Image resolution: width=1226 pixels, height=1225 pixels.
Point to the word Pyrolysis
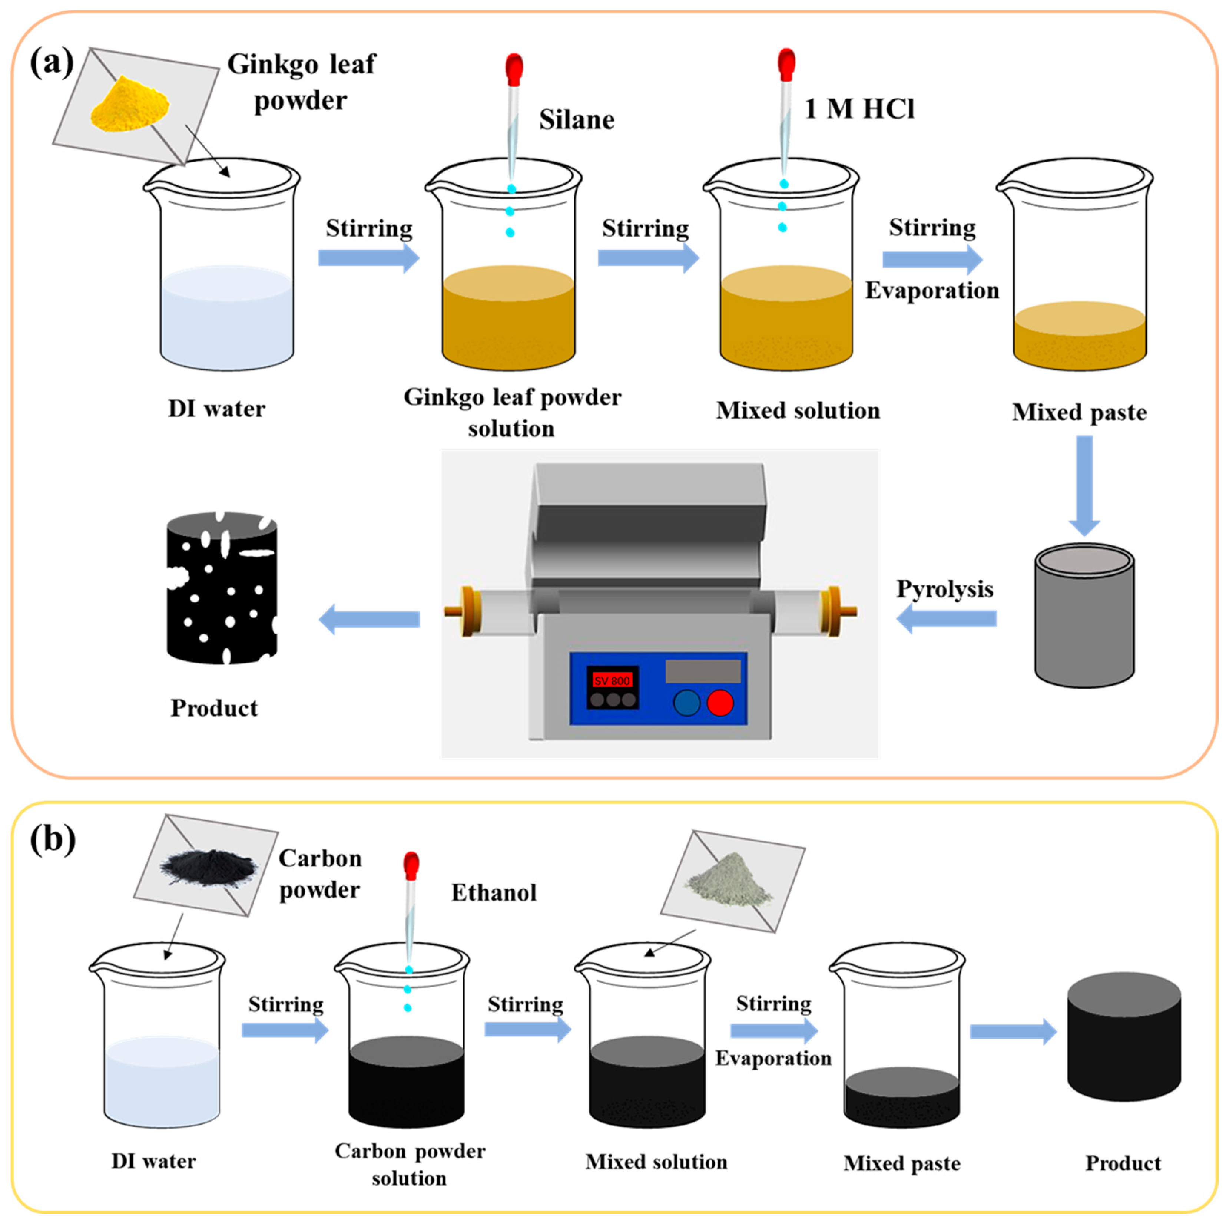(944, 589)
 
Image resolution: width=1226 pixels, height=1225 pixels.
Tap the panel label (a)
(52, 63)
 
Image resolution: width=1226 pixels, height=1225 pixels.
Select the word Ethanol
(494, 892)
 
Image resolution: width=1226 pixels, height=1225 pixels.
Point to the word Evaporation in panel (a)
(932, 291)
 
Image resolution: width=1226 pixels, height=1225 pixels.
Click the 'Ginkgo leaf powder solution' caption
(512, 413)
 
